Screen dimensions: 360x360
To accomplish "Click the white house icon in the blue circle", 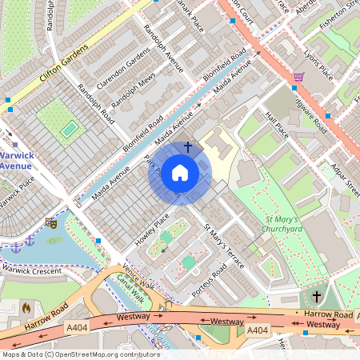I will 180,173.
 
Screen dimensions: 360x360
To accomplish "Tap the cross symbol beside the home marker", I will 188,147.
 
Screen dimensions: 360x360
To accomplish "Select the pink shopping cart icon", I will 298,77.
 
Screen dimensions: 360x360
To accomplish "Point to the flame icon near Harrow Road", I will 26,306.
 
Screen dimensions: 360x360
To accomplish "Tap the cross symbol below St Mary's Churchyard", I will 316,297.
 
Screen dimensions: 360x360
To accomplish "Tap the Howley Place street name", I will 153,229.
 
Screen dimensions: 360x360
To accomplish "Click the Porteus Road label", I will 210,280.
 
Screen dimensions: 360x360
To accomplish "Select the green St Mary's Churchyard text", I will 284,223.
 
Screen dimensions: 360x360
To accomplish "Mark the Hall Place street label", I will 276,126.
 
